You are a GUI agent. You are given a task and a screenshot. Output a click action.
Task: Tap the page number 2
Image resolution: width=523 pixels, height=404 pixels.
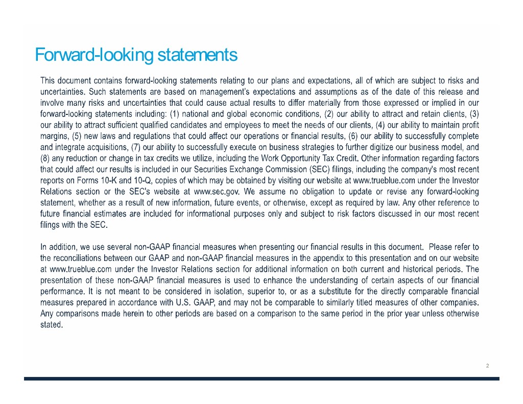pos(487,366)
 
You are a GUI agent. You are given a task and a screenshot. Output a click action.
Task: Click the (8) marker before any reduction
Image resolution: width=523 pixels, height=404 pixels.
pos(46,158)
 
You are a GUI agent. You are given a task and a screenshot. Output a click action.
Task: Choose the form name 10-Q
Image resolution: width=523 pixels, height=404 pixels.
pos(140,181)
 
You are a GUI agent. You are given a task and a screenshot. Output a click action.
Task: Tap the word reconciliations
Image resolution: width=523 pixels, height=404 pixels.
pos(78,258)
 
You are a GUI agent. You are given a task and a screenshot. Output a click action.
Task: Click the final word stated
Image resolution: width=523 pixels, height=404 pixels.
pos(51,324)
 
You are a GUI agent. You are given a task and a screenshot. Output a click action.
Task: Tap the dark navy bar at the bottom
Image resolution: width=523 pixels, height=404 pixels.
pos(261,379)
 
